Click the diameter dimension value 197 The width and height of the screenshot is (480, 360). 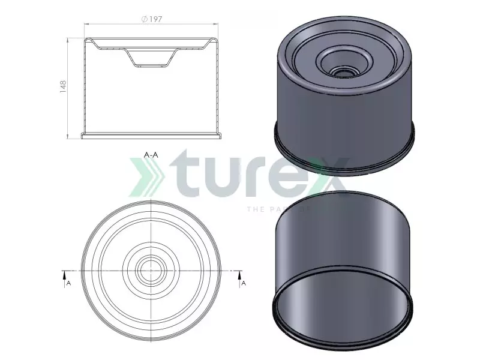155,19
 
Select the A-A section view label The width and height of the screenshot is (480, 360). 151,154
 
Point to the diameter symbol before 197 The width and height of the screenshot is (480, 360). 144,19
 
